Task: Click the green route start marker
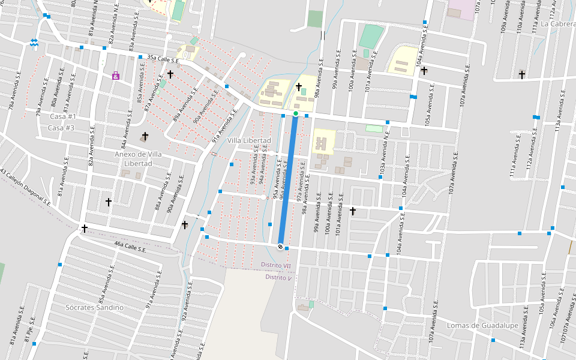296,113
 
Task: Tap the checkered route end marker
280,246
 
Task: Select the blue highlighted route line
288,180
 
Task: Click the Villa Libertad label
249,140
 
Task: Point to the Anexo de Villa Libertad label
138,158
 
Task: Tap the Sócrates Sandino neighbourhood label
94,307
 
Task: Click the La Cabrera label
558,24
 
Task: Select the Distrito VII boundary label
276,265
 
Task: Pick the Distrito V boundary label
278,277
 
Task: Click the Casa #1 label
63,116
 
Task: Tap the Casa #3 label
61,128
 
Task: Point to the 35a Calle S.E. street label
163,59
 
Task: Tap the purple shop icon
115,76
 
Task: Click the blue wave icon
34,43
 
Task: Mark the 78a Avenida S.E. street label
10,97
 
